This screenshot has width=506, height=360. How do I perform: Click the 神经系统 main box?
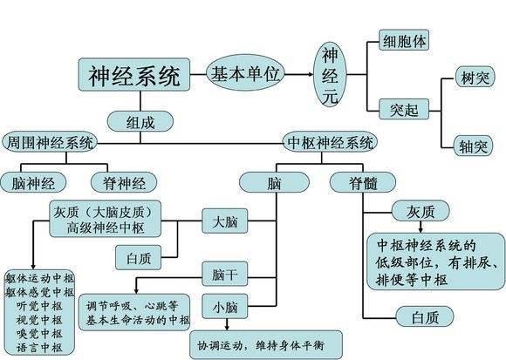[x=135, y=77]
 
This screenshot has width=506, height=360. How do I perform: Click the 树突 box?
[x=475, y=79]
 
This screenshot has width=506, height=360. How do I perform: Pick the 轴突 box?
[x=475, y=145]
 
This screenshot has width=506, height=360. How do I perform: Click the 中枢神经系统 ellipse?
[x=331, y=141]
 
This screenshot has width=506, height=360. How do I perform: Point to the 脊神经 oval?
[x=124, y=182]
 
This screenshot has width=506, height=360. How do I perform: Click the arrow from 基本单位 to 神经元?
[x=298, y=75]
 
